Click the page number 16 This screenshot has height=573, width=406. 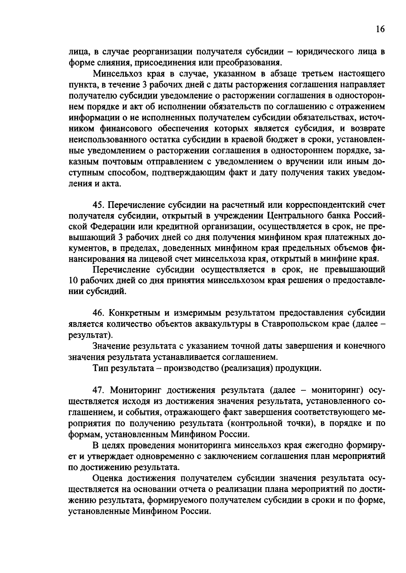[380, 29]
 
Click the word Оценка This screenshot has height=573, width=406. [108, 478]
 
